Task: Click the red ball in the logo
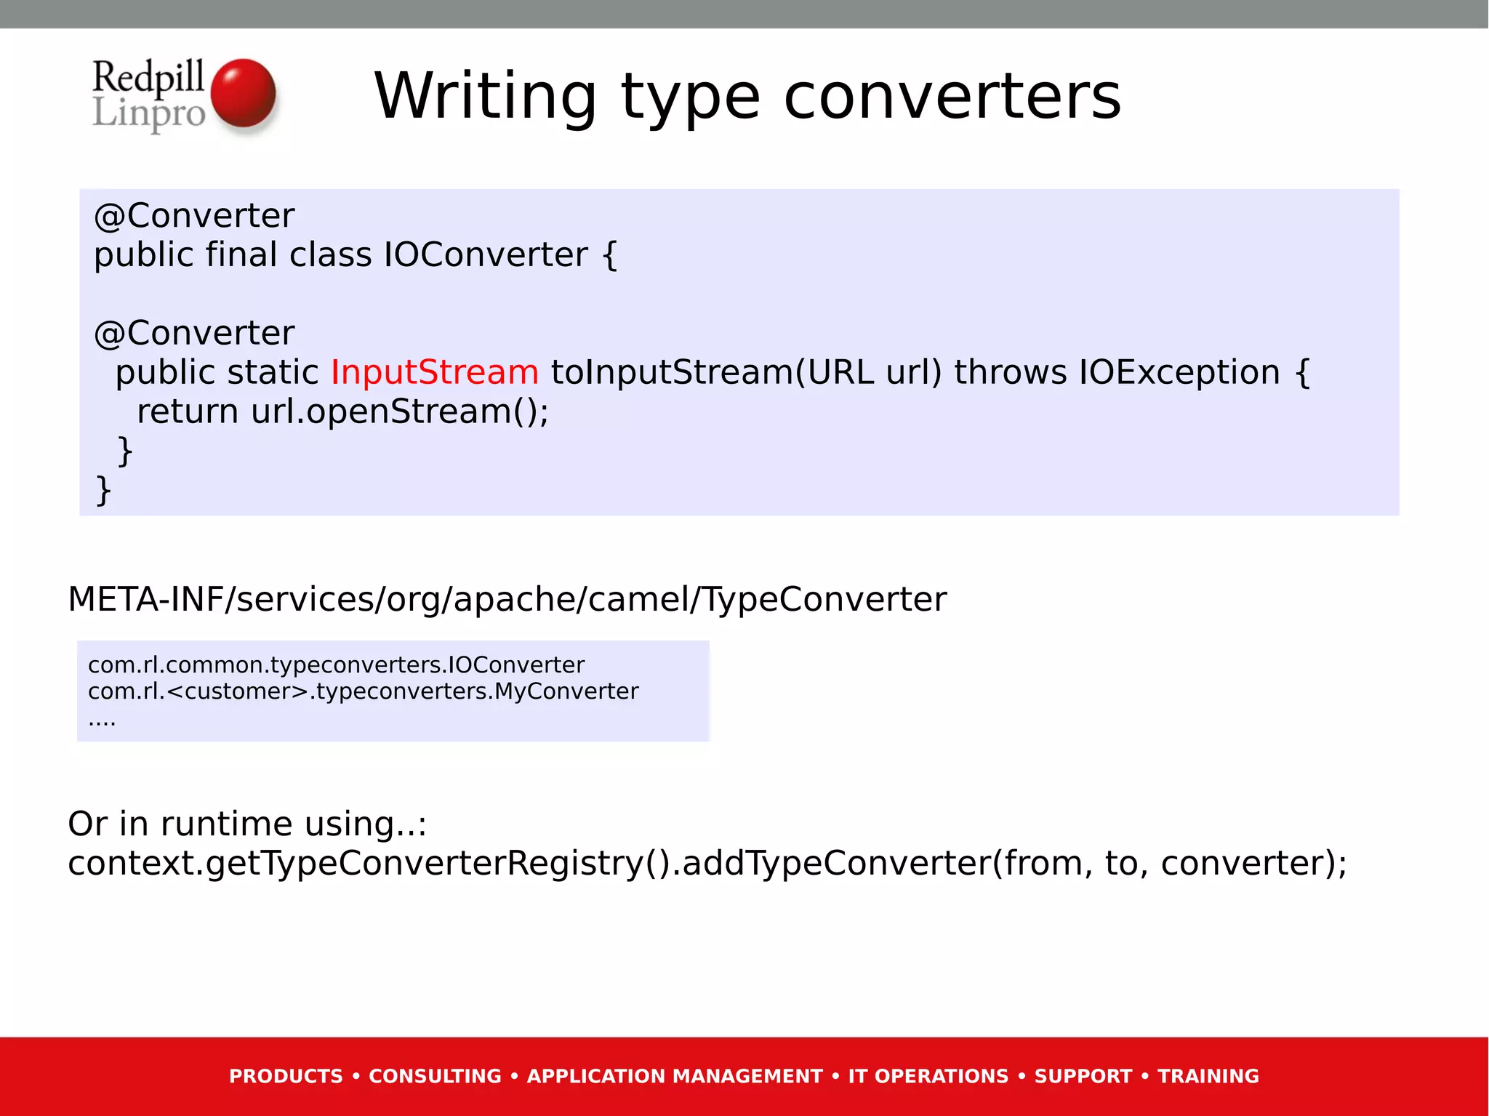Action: tap(243, 93)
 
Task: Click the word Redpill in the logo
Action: tap(148, 77)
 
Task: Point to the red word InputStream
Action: tap(435, 372)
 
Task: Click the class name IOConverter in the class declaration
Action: tap(486, 254)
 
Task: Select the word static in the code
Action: tap(273, 372)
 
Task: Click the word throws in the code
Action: tap(1011, 372)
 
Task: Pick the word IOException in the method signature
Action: tap(1179, 372)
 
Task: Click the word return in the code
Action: tap(188, 412)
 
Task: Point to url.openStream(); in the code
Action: tap(400, 412)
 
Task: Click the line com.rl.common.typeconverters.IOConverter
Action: tap(336, 665)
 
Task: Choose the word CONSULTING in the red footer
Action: tap(435, 1076)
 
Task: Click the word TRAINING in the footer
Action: tap(1208, 1076)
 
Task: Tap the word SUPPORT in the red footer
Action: tap(1083, 1076)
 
